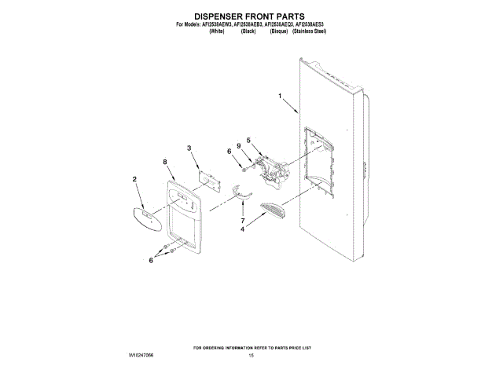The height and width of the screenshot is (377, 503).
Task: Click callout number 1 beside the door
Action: pos(279,97)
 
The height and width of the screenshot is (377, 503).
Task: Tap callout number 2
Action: pos(135,180)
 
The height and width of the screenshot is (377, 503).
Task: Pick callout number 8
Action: pos(165,162)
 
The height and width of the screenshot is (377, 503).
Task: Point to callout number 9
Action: pos(238,145)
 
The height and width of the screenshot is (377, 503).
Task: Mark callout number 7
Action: pos(243,221)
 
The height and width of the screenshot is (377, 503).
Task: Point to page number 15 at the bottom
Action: pos(251,356)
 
